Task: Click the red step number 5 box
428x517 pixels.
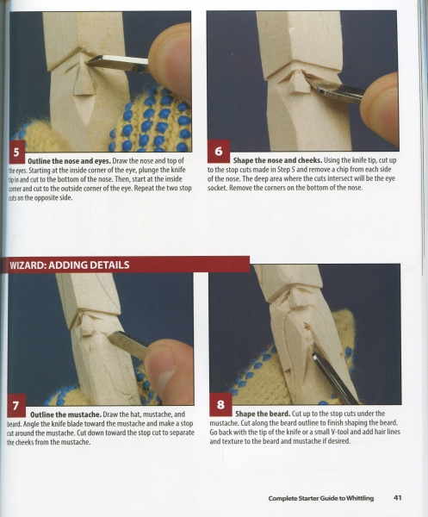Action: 17,152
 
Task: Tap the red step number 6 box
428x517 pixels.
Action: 219,151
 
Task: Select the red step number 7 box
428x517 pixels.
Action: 16,405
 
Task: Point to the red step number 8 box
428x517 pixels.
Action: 220,404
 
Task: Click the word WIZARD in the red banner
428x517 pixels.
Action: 28,265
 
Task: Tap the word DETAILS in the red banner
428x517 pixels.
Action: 109,265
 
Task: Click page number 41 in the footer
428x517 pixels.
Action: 397,498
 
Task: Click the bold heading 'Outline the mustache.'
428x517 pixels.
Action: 65,414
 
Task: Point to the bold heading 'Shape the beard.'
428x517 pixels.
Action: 263,414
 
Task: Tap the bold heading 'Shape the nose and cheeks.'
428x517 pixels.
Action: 277,160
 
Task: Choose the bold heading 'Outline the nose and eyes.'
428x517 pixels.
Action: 69,161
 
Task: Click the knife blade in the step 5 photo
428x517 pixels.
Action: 119,63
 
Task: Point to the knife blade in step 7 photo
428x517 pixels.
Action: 127,345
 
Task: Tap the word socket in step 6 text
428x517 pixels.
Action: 217,188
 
